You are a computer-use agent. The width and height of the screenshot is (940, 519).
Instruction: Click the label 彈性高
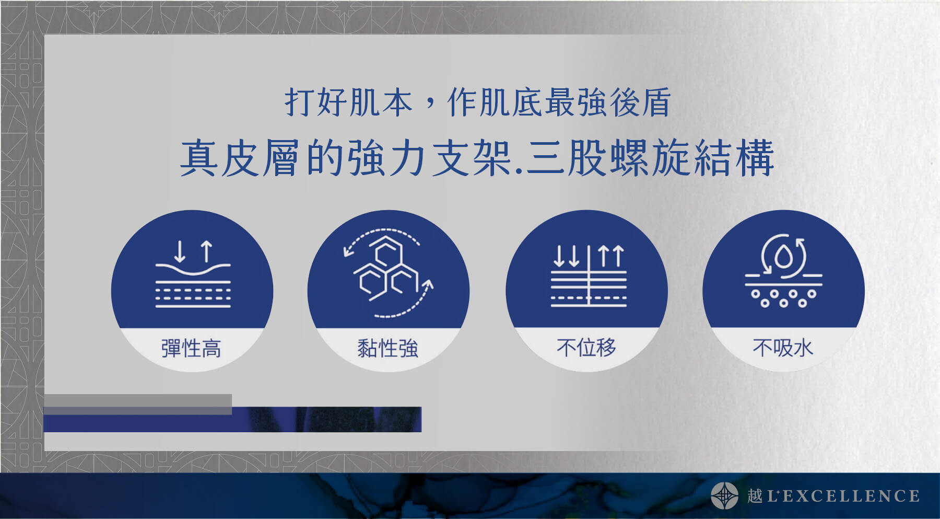point(191,348)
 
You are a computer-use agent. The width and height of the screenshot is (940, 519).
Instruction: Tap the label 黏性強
point(387,348)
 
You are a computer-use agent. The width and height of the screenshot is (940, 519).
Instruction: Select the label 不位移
point(586,348)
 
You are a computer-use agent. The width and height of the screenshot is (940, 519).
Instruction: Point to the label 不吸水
point(783,348)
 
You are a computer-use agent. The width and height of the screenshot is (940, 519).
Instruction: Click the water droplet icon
point(783,257)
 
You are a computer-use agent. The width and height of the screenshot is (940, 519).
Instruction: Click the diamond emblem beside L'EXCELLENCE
point(724,495)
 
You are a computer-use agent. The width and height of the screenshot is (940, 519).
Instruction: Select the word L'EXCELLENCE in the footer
point(842,495)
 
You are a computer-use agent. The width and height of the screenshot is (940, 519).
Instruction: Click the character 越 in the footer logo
point(755,495)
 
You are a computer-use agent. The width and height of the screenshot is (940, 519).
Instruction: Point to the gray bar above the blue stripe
point(138,405)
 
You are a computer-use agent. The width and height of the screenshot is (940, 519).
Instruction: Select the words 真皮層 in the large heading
point(240,158)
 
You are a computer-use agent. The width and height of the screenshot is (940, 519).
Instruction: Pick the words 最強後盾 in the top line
point(607,102)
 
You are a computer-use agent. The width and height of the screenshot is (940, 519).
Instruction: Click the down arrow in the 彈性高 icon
point(180,251)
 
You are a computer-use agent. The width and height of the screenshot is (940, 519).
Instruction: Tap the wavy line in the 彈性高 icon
point(193,269)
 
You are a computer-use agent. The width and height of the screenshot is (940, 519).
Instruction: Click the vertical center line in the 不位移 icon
point(589,276)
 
